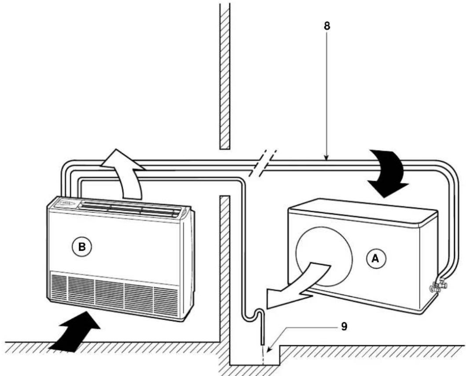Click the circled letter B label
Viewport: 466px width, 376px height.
tap(82, 247)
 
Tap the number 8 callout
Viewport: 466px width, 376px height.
tap(327, 26)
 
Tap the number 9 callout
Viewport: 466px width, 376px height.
tap(344, 327)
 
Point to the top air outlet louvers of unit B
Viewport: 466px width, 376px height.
tap(131, 208)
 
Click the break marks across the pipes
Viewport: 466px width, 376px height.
tap(263, 163)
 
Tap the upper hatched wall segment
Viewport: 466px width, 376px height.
tap(225, 76)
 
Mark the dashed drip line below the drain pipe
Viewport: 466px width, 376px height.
tap(263, 355)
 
